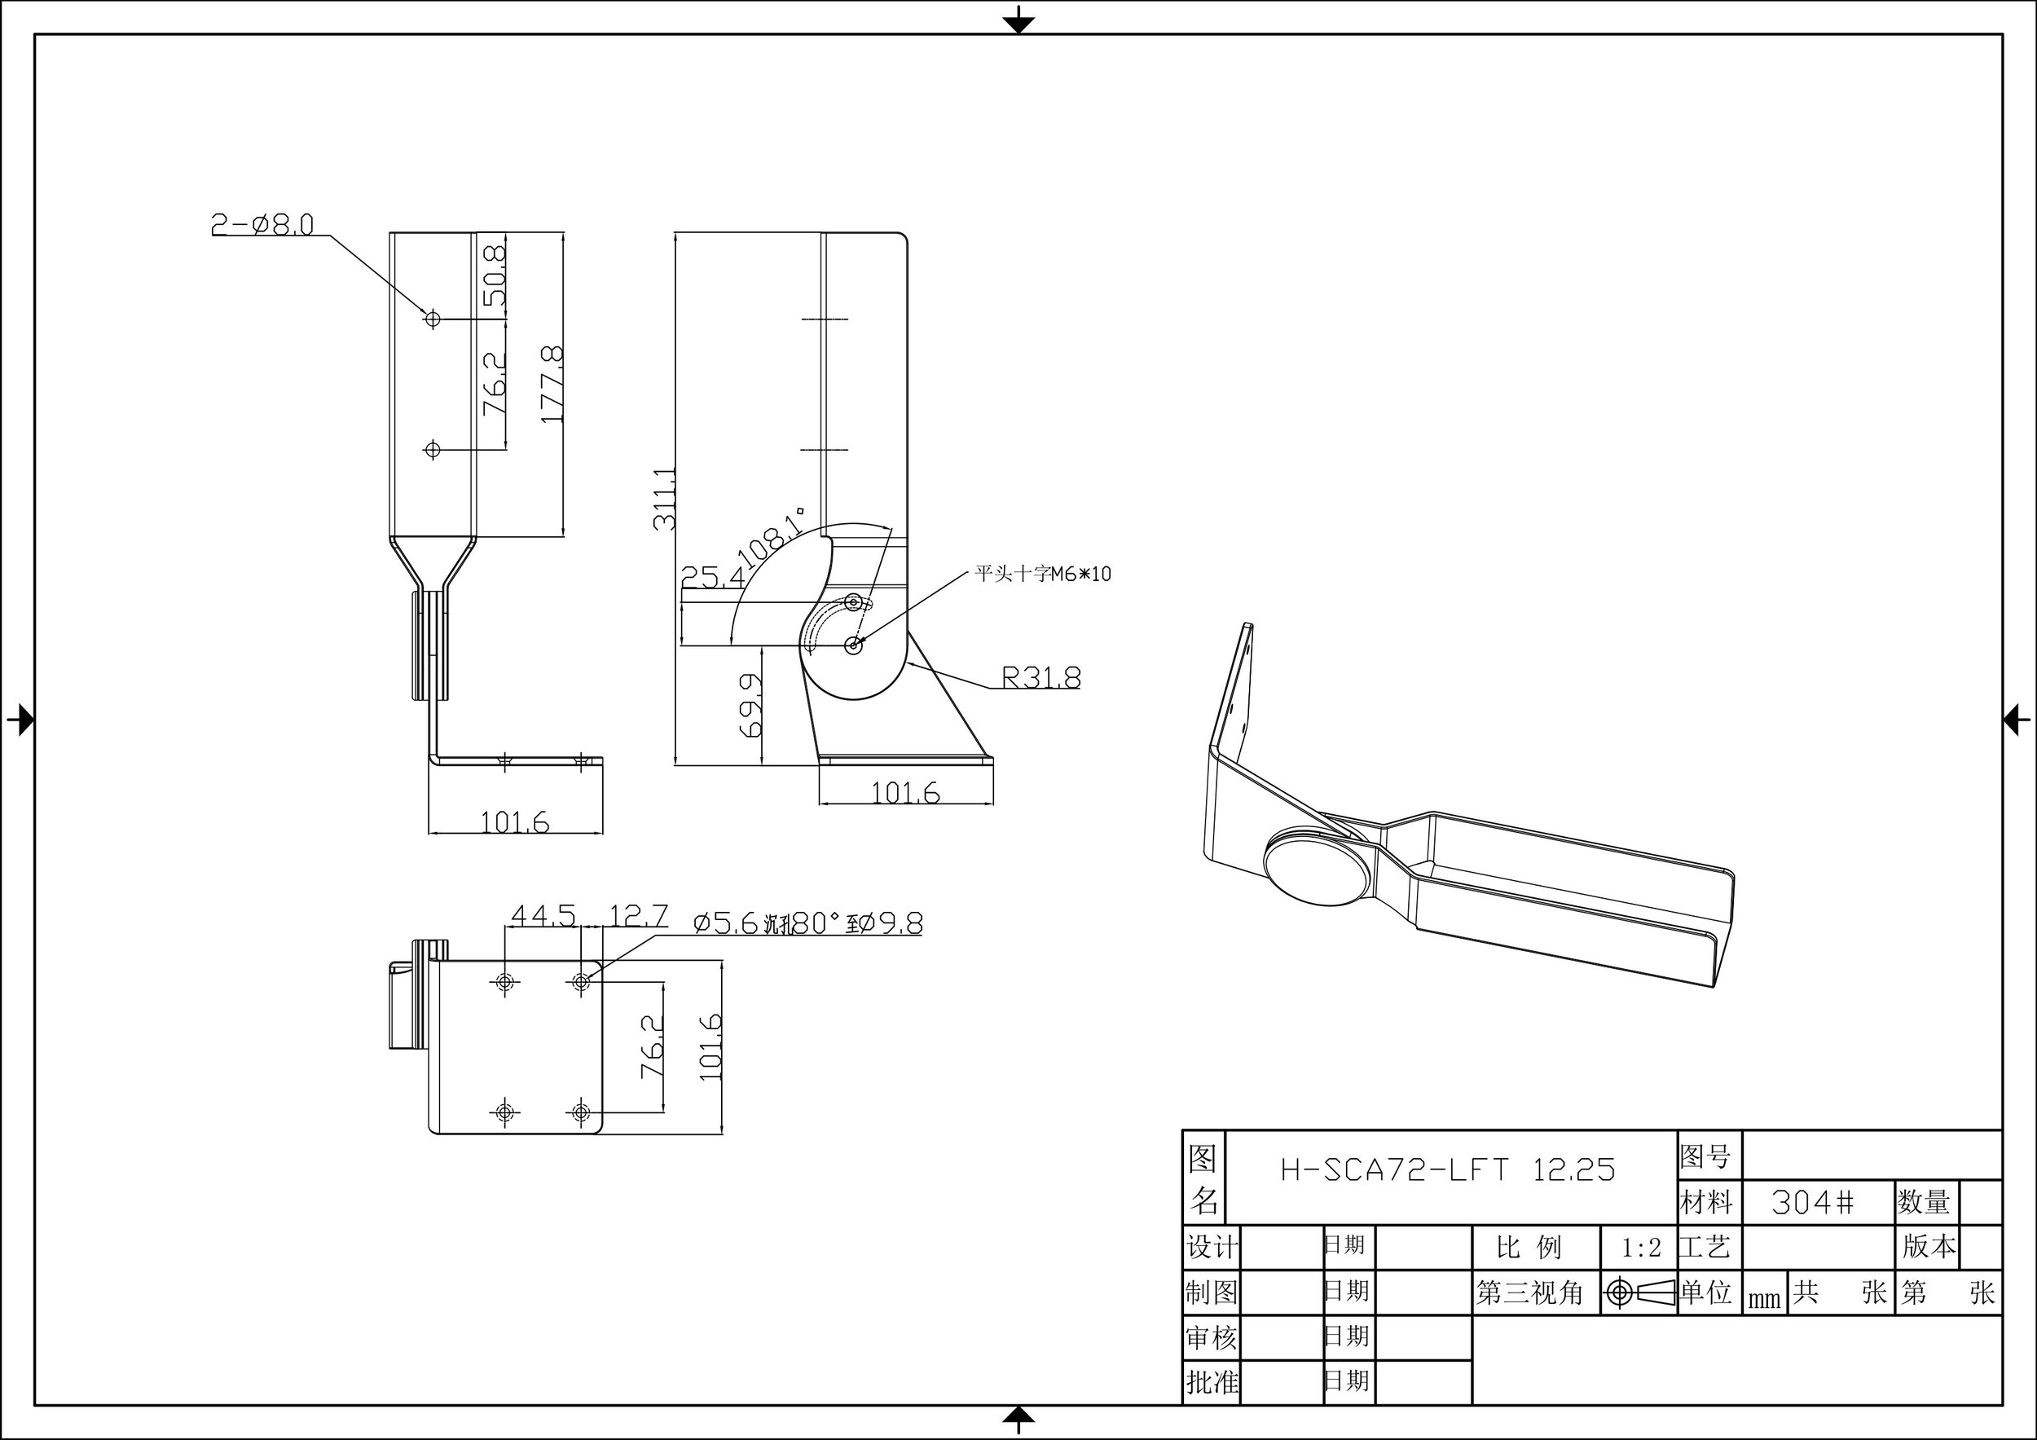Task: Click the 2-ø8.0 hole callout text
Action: tap(262, 224)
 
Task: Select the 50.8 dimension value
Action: tap(495, 276)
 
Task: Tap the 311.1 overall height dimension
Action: tap(665, 500)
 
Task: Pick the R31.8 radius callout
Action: tap(1040, 678)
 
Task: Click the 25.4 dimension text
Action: tap(712, 579)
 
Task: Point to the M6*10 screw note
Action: tap(1042, 574)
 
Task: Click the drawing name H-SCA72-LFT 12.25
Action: tap(1448, 1171)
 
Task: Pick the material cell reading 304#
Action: tap(1813, 1202)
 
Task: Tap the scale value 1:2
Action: tap(1640, 1248)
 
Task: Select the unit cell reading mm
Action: tap(1764, 1299)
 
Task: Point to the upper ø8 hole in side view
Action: tap(432, 318)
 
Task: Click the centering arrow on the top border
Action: tap(1018, 20)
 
